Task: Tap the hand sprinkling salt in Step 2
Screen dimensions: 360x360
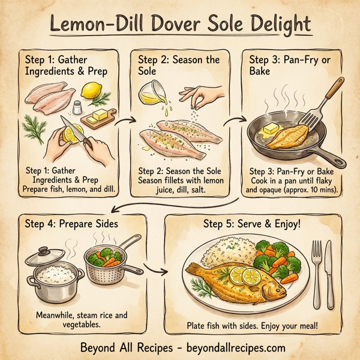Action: point(200,94)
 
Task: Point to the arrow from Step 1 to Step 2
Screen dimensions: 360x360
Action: point(124,123)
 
